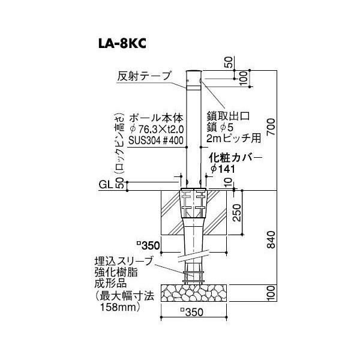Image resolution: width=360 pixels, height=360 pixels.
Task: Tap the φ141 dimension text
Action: (223, 169)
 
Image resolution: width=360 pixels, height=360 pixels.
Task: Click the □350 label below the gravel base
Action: (192, 312)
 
